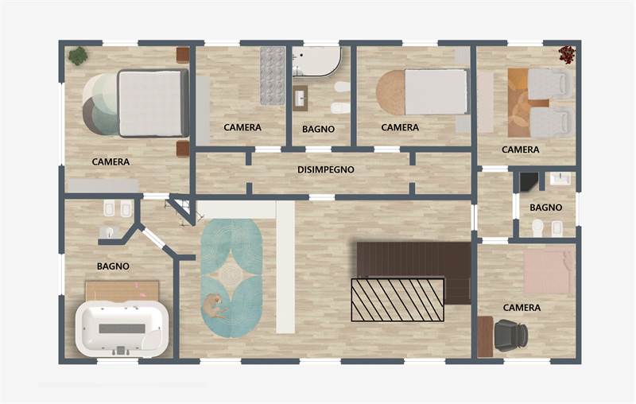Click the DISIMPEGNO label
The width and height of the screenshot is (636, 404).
point(326,169)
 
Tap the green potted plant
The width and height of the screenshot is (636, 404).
point(78,56)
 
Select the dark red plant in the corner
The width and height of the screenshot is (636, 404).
point(567,55)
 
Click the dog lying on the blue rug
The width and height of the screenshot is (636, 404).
point(213,307)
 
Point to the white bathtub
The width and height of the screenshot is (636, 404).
point(122,329)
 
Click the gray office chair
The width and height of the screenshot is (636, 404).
point(510,335)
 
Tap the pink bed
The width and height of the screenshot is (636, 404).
point(549,271)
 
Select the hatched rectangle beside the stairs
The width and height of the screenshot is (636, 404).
point(398,300)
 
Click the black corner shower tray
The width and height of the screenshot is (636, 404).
point(529,181)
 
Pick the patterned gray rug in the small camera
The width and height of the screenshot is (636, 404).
point(272,76)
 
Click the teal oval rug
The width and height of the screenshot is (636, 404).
point(231,278)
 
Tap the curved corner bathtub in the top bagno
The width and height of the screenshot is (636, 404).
point(316,61)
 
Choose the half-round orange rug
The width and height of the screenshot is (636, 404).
point(390,92)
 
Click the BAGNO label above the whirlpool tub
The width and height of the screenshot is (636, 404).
point(113,266)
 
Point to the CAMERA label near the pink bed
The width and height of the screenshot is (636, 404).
point(522,308)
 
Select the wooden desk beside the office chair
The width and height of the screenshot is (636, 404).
point(485,336)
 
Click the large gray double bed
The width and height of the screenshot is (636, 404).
point(153,103)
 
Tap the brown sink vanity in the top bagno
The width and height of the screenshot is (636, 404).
point(301,98)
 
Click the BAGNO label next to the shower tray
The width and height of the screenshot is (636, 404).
point(546,208)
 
